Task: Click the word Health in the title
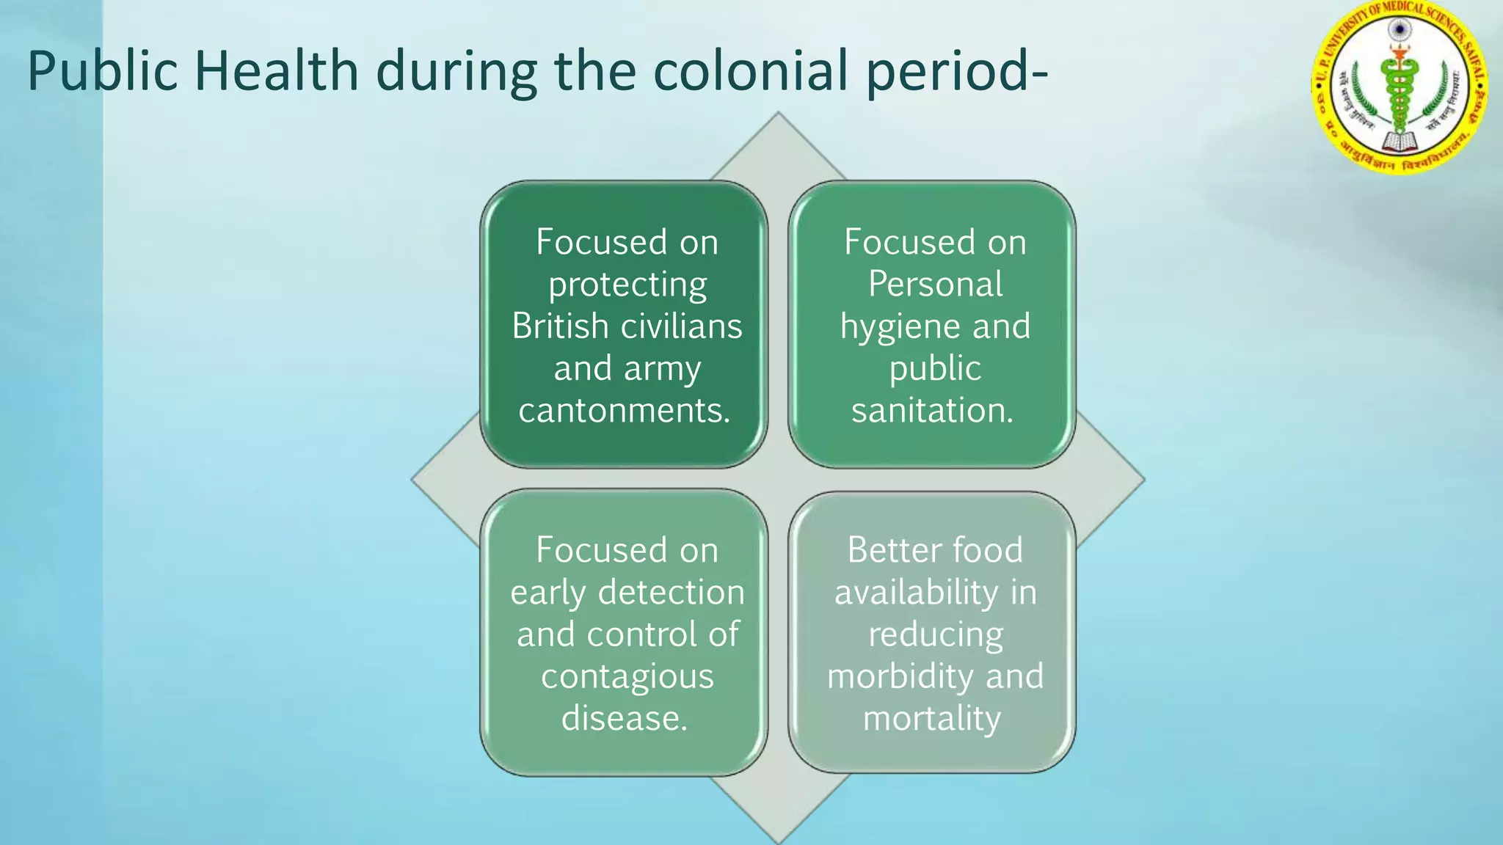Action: click(276, 71)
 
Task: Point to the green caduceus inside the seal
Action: click(1400, 88)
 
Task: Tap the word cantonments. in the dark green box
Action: click(625, 410)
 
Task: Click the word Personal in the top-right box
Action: click(935, 285)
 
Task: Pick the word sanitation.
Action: click(932, 410)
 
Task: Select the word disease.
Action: click(625, 718)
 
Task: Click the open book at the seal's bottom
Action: click(1400, 141)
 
